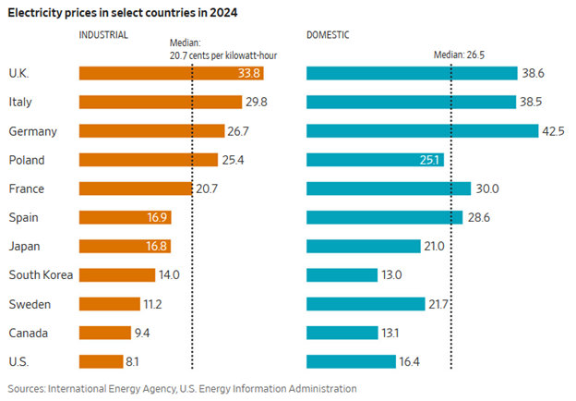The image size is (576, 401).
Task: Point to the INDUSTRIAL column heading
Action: click(104, 35)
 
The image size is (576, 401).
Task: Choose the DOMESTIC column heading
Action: click(329, 35)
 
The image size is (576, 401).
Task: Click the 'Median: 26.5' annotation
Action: click(459, 55)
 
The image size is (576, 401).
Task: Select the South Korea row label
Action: click(41, 274)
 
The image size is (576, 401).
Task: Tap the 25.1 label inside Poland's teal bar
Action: click(430, 160)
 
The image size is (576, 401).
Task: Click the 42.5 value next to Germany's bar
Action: click(553, 131)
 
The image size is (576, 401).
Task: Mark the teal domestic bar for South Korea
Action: click(341, 274)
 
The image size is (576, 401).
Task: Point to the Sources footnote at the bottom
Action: click(182, 389)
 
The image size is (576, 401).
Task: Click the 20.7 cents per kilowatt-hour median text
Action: click(224, 55)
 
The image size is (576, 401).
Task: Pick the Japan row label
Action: click(23, 246)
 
